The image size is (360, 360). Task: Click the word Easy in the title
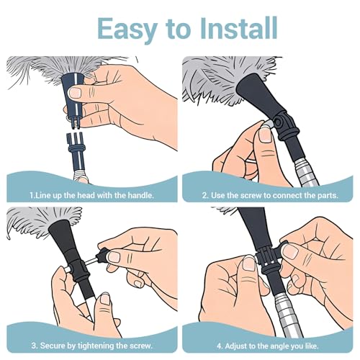coord(127,30)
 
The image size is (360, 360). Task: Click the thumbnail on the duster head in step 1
coord(76,92)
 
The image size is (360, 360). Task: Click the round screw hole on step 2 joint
coord(279,122)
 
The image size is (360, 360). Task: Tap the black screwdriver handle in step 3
coord(102,254)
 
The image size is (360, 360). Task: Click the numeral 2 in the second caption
coord(204,196)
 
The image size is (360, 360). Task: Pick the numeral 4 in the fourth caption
coord(219,346)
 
